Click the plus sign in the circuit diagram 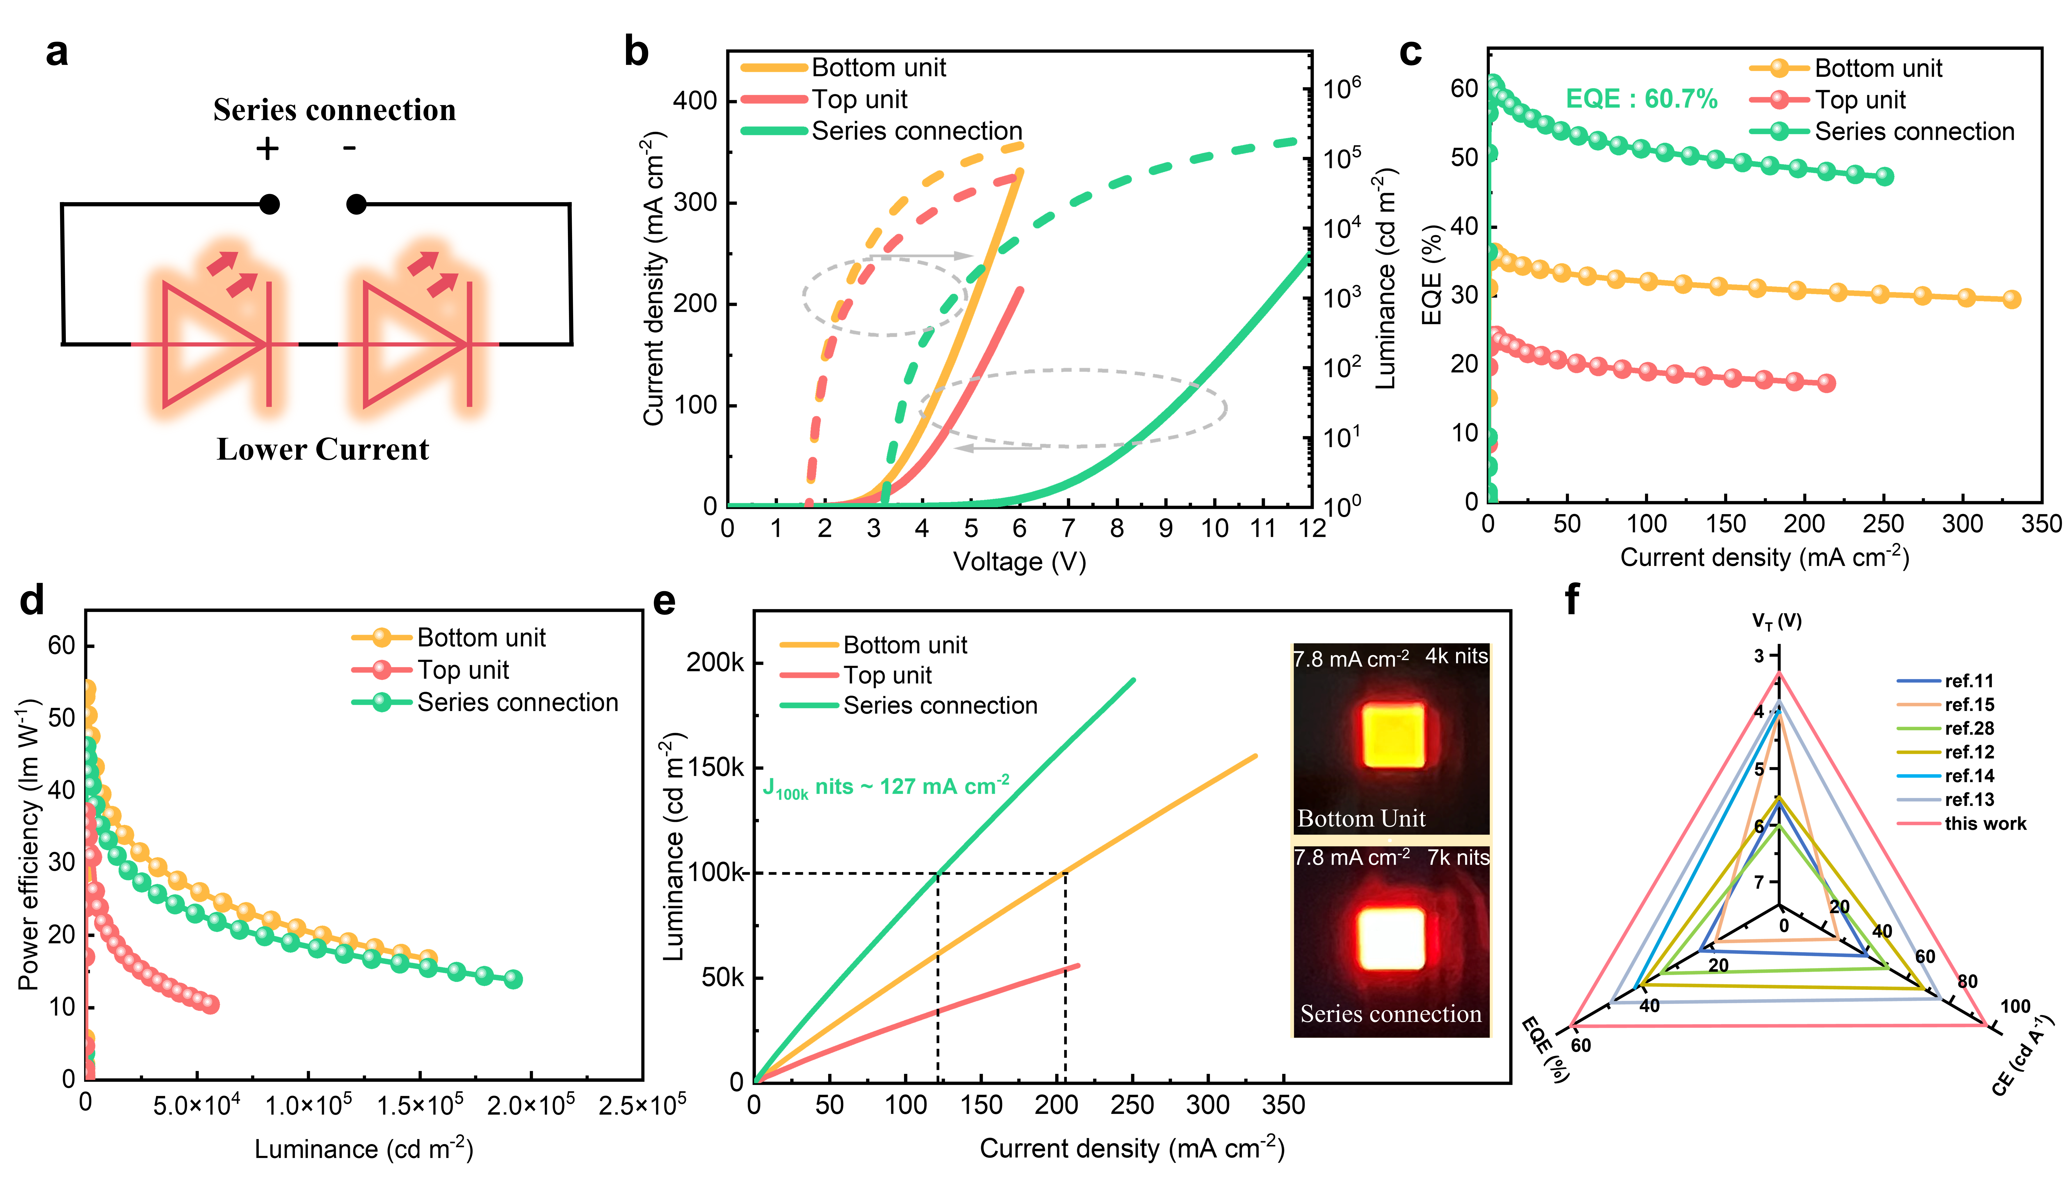(267, 149)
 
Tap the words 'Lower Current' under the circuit (323, 449)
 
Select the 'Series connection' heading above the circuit (334, 110)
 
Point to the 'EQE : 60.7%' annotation (1641, 99)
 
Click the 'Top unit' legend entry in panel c (1860, 100)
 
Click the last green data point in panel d (513, 979)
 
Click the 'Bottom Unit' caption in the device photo (1361, 818)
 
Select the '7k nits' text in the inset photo (1458, 857)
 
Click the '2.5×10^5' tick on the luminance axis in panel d (643, 1105)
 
